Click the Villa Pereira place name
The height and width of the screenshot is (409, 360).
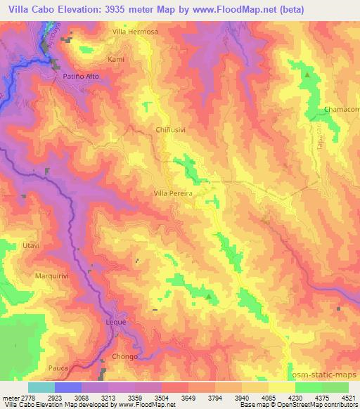coord(173,191)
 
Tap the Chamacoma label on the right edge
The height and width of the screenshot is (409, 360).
coord(342,109)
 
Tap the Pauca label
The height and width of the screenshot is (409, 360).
coord(58,368)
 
